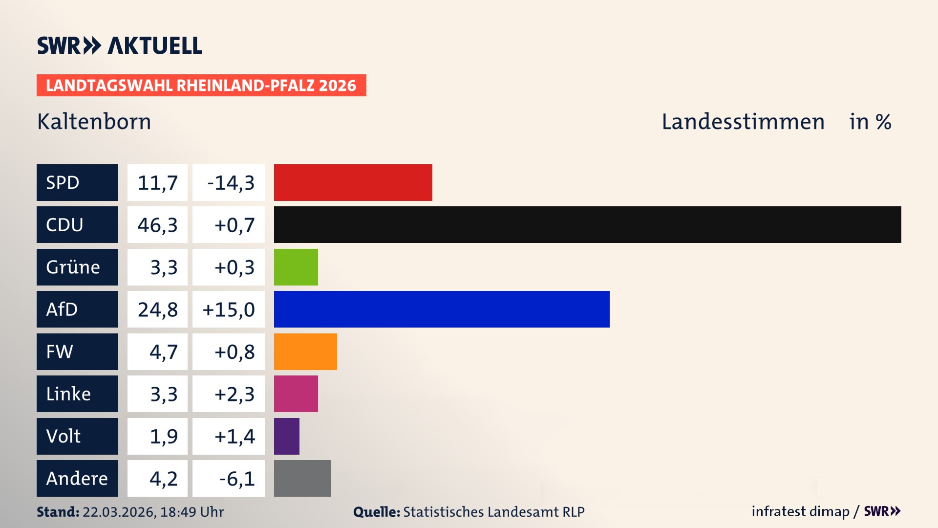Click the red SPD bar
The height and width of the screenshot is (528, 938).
(x=353, y=182)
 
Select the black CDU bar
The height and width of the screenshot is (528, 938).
(x=587, y=225)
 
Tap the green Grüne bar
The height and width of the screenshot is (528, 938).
(x=296, y=267)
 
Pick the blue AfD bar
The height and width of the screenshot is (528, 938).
(x=442, y=309)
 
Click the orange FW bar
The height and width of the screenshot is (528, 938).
(x=305, y=352)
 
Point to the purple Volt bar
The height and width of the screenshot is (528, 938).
(x=286, y=436)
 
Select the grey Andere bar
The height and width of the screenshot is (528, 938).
(x=302, y=478)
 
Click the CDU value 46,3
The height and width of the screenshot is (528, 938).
(x=157, y=225)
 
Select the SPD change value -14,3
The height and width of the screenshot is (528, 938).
(x=231, y=182)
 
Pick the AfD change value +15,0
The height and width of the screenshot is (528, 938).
(x=229, y=309)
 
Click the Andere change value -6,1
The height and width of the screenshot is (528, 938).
(x=237, y=478)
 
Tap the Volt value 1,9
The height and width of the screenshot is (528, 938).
(x=164, y=436)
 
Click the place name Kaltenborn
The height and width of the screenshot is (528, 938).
(x=94, y=122)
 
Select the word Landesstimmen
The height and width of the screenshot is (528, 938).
(x=743, y=122)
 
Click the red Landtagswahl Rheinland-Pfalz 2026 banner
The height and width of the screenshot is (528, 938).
(x=201, y=85)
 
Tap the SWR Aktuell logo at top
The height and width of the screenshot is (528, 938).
(x=119, y=45)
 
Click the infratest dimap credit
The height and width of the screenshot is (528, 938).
(x=800, y=511)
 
